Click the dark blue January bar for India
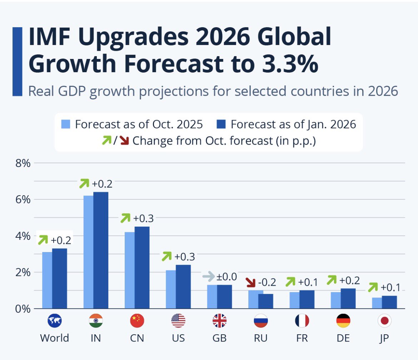(x=101, y=250)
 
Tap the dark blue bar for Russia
(x=266, y=301)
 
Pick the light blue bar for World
(x=47, y=280)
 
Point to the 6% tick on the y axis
(x=22, y=199)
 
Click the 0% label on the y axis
(x=22, y=309)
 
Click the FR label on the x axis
(x=302, y=338)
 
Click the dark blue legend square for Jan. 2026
(x=222, y=124)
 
